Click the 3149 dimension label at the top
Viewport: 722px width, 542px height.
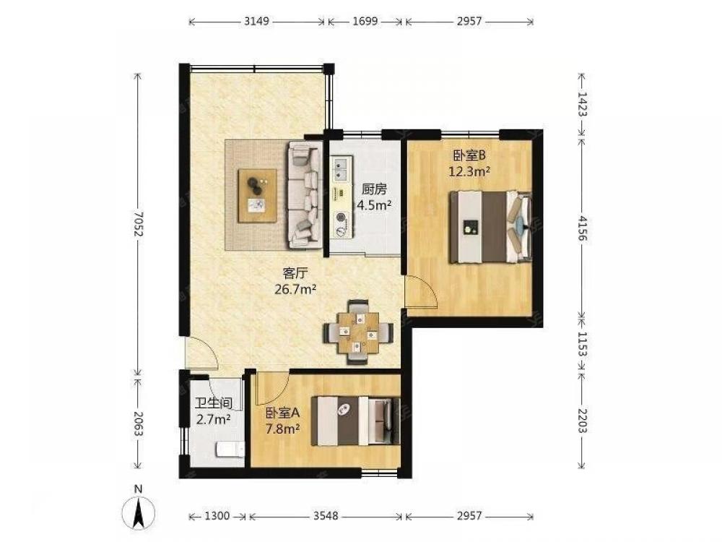256,21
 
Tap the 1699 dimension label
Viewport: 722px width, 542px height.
365,21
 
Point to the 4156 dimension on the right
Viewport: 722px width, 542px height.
582,228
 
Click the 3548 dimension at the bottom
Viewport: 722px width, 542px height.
326,516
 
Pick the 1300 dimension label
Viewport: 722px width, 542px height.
217,516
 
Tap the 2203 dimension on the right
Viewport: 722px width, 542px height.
582,421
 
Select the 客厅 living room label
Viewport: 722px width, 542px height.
295,273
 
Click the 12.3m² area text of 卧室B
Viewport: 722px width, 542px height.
469,172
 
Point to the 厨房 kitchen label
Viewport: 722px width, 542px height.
374,189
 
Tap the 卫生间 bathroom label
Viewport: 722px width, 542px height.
213,404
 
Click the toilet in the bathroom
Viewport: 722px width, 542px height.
230,449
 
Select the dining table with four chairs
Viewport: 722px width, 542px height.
358,332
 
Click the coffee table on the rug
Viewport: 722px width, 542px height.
258,196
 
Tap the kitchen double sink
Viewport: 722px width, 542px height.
342,168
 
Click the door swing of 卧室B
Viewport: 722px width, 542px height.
420,291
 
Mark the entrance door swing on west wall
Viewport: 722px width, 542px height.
201,353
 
